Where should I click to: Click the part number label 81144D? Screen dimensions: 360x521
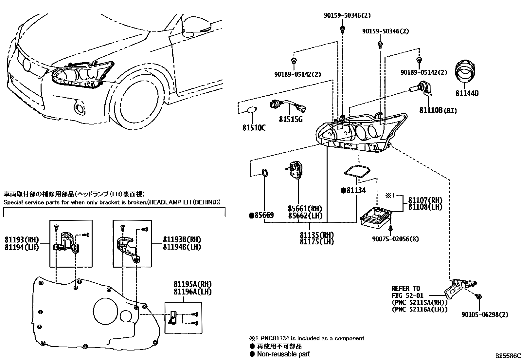[x=467, y=93]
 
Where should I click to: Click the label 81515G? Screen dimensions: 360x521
[x=291, y=120]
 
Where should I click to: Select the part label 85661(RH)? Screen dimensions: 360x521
[x=305, y=209]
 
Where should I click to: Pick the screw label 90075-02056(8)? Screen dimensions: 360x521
[x=395, y=239]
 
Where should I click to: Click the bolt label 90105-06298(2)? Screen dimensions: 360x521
[x=485, y=314]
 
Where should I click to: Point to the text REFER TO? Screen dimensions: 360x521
[x=406, y=289]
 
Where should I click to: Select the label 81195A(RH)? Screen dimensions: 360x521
[x=192, y=284]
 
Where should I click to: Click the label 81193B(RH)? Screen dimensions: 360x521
[x=182, y=239]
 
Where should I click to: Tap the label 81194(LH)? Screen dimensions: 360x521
[x=22, y=247]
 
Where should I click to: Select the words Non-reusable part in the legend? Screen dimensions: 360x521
[x=283, y=354]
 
